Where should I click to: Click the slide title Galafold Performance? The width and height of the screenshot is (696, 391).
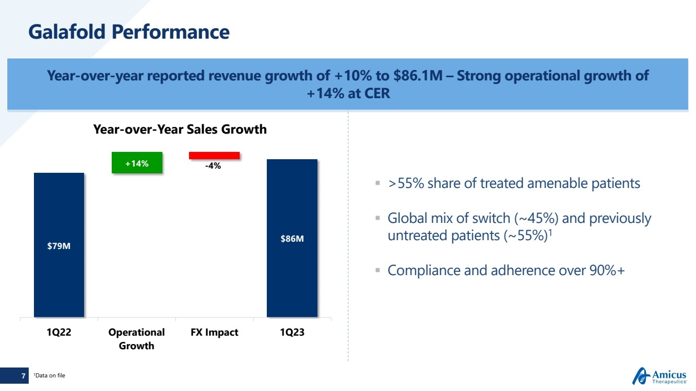(x=128, y=32)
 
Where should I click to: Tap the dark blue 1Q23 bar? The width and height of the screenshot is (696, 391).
(x=292, y=209)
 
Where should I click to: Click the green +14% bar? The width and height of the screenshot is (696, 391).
(x=137, y=163)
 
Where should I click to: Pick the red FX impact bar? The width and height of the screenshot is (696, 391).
(x=214, y=155)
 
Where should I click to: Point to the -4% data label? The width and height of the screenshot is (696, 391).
(x=213, y=166)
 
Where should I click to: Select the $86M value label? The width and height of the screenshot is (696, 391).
(x=292, y=239)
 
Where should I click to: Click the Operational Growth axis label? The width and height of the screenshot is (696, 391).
(x=136, y=339)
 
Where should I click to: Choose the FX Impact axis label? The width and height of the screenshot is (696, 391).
(x=214, y=333)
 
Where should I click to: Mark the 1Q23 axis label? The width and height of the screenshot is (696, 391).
(x=291, y=333)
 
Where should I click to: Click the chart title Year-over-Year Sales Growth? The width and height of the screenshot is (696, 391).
(x=180, y=129)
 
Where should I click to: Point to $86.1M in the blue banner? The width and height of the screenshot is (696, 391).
(x=423, y=76)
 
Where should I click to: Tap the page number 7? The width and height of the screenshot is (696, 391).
(x=23, y=375)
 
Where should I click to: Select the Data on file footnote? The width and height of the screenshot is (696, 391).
(x=50, y=375)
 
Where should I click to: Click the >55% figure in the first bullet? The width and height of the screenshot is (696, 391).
(x=405, y=184)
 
